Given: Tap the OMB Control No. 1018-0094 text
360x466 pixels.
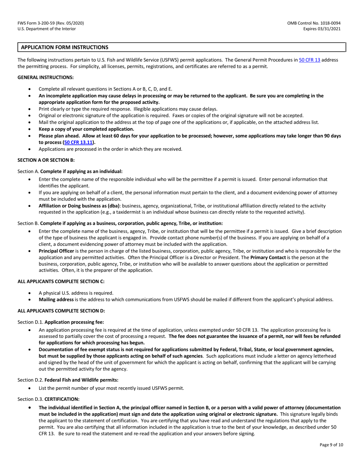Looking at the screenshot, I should [x=315, y=23].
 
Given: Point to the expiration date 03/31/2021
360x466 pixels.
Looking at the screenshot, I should [x=331, y=29].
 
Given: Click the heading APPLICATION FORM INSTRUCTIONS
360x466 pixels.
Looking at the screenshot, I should [x=64, y=47].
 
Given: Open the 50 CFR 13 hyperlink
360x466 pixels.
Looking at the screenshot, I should [x=310, y=60].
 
